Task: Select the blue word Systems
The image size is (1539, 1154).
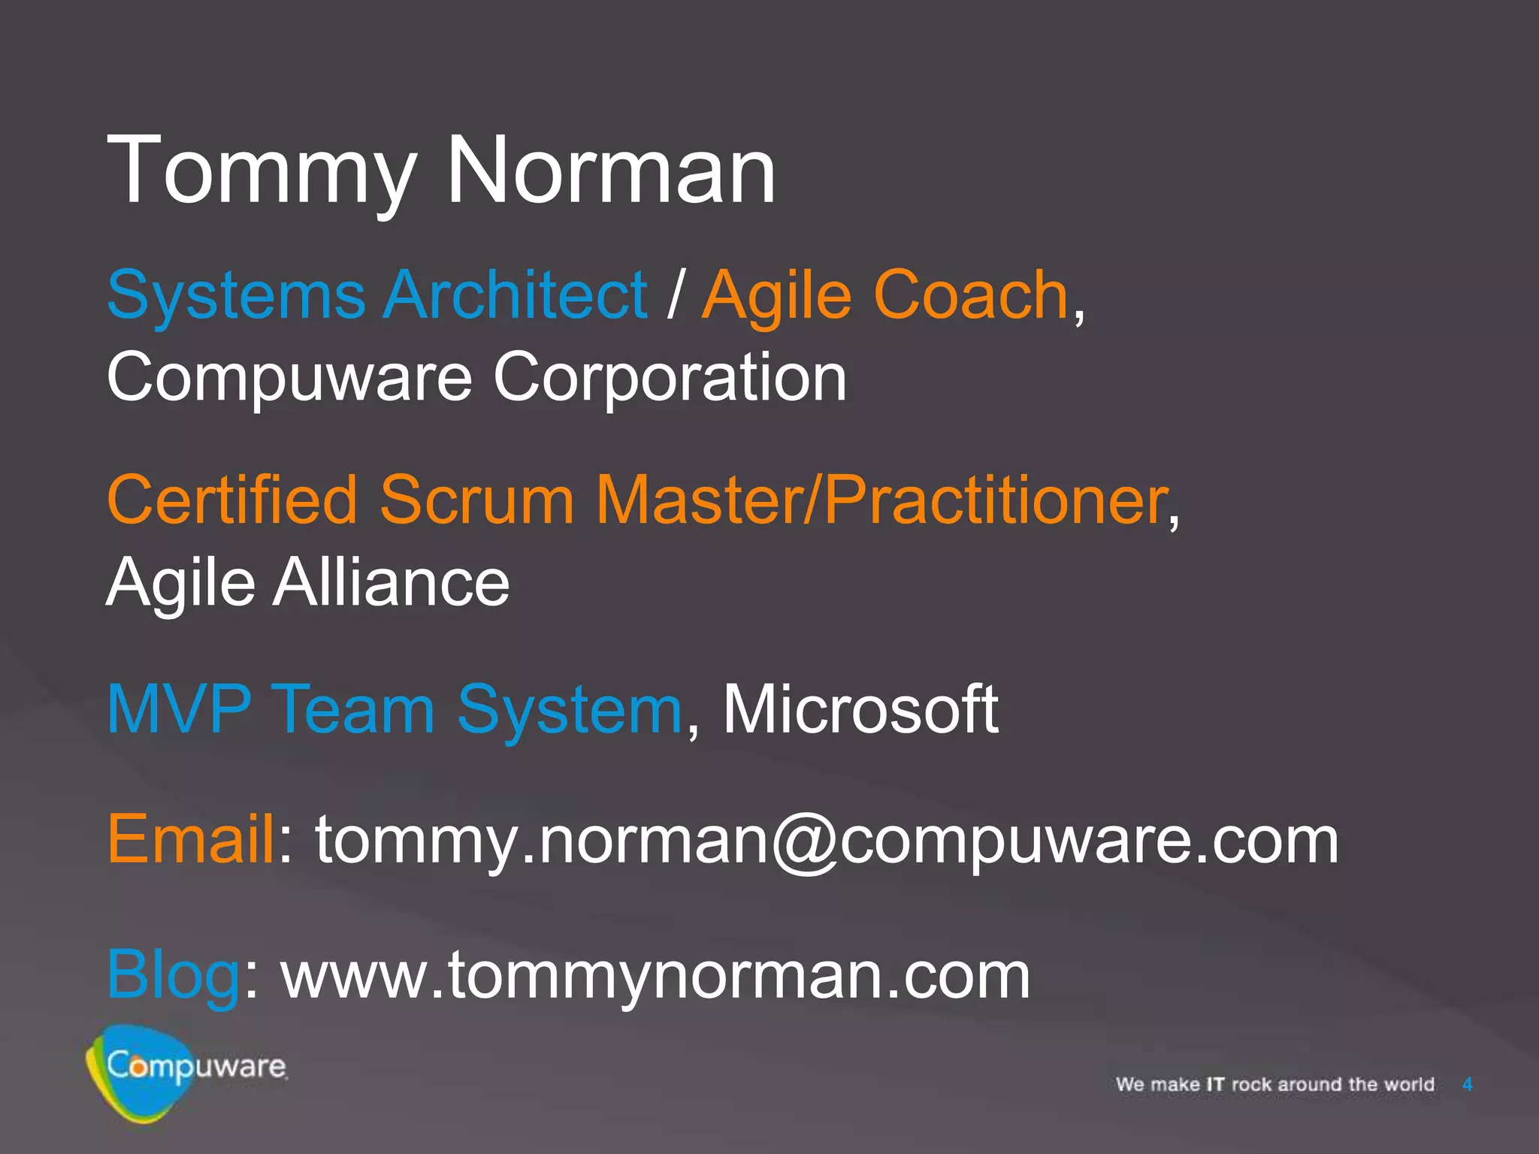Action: pos(236,295)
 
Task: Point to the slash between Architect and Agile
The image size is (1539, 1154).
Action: pos(675,295)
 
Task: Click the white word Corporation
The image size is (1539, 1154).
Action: pos(670,377)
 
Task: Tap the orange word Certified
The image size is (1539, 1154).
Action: pos(232,500)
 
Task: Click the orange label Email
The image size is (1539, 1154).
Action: pos(191,838)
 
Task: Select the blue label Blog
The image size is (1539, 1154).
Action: pos(173,975)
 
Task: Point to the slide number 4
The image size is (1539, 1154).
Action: pos(1467,1084)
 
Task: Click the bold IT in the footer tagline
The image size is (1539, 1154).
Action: pos(1214,1084)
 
